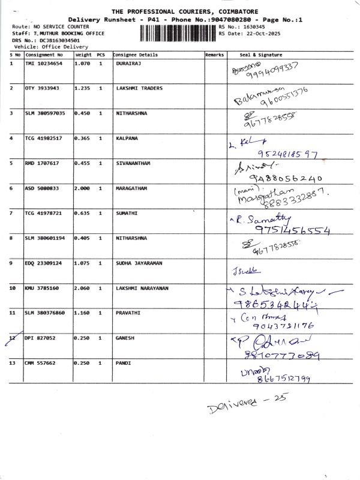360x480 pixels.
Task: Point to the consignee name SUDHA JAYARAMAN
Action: pos(140,263)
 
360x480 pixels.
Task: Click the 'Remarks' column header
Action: pos(214,54)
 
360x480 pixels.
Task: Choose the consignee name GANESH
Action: pos(125,338)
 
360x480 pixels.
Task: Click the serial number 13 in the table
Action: pos(13,363)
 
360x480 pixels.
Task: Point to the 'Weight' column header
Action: pos(83,54)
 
